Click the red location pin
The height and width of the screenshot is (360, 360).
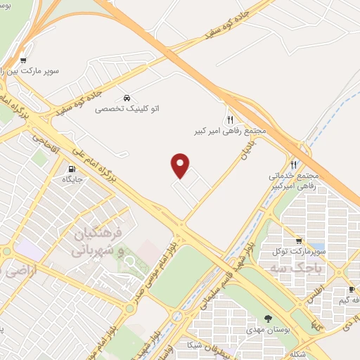181,165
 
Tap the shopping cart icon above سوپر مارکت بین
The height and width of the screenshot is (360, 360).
23,60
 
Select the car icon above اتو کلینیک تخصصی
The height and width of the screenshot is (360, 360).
126,97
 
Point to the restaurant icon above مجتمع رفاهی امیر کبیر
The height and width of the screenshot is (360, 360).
230,120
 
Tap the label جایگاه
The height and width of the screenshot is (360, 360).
72,180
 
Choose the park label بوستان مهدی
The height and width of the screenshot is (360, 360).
269,330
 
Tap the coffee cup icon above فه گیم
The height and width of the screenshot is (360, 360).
351,290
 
